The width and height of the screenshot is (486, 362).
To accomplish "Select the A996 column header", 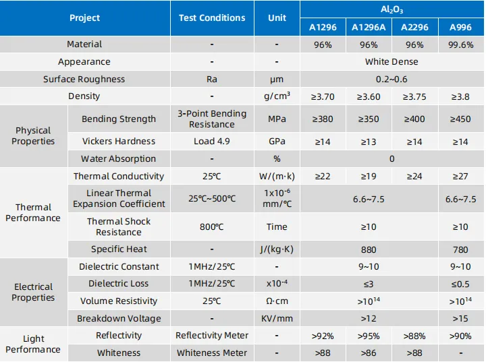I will pos(461,27).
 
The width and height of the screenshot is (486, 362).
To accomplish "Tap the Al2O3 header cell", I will pos(392,9).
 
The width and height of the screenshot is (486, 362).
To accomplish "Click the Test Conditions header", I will pos(212,18).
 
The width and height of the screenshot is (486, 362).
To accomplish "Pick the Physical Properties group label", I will pos(34,136).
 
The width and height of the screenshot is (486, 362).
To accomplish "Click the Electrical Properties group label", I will pos(34,293).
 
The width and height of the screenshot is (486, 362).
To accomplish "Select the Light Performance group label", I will pos(34,344).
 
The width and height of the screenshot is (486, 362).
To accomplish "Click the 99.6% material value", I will pos(461,44).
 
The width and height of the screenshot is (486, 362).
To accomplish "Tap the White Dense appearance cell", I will pos(392,62).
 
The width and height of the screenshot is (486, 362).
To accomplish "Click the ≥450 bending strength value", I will pos(461,119).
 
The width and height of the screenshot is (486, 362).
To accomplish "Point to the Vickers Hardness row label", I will pos(119,142).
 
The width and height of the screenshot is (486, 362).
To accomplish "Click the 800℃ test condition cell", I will pos(212,227).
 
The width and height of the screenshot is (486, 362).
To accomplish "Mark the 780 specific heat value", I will pos(461,249).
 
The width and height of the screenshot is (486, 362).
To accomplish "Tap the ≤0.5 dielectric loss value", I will pos(461,284).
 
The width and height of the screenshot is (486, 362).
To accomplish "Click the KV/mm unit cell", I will pos(277,318).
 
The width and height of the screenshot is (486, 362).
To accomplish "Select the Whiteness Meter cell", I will pos(212,353).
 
